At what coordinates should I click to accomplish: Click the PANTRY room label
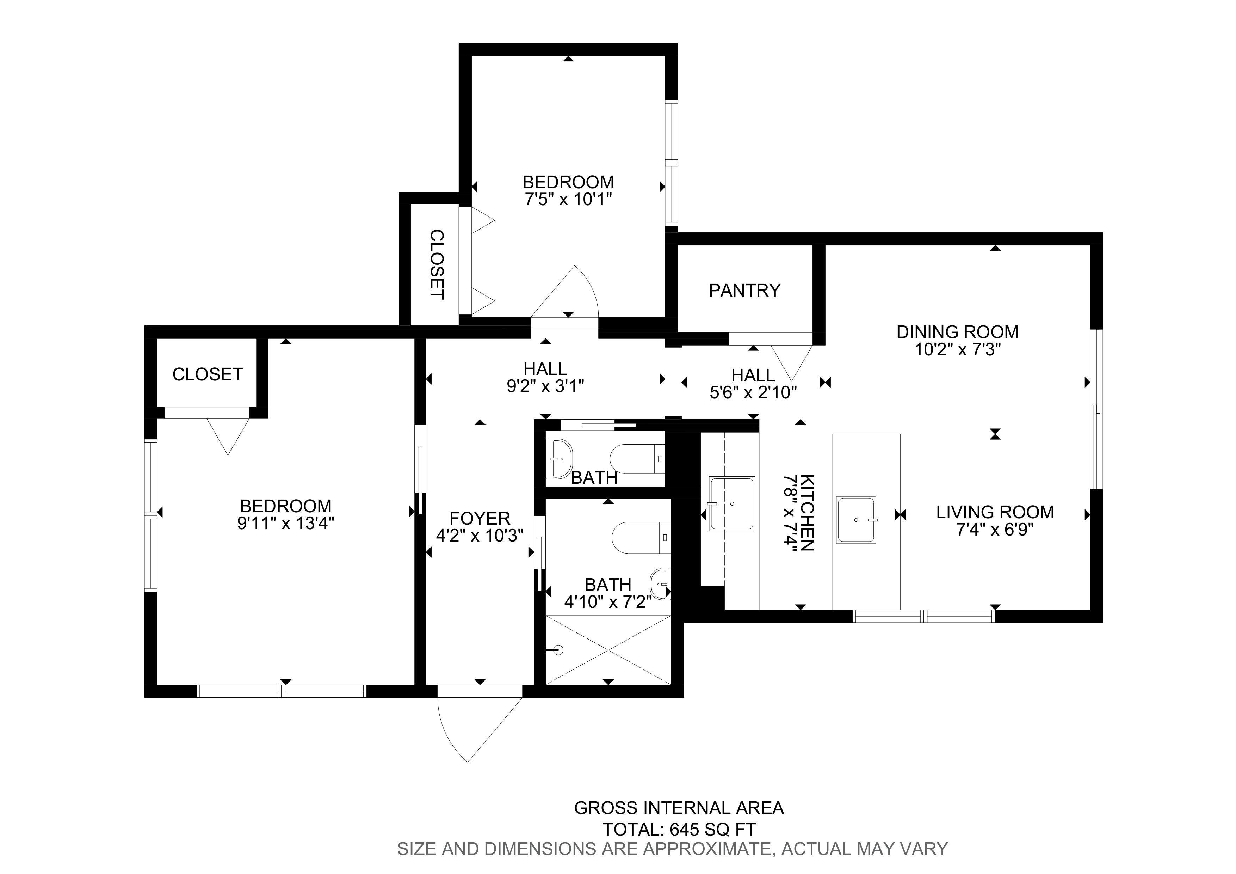tap(744, 291)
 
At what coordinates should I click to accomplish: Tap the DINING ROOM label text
tap(957, 332)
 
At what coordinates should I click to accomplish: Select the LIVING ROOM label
tap(995, 512)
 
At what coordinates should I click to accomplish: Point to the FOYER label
tap(480, 519)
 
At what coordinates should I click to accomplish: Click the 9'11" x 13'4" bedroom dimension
tap(286, 524)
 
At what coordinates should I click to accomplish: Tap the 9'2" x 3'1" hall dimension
tap(545, 387)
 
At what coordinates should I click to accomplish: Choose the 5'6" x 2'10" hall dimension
tap(753, 392)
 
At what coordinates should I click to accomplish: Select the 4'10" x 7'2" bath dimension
tap(608, 601)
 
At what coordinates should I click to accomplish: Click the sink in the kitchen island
tap(856, 520)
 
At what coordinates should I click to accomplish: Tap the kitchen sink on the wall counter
tap(731, 503)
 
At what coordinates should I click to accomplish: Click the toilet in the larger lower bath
tap(642, 538)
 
